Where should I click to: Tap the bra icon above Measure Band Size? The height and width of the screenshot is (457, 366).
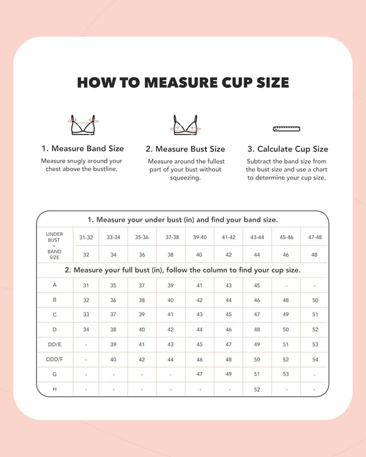pos(82,125)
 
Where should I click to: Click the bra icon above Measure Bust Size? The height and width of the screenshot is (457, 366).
pos(185,125)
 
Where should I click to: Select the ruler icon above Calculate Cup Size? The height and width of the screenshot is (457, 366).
pos(288,129)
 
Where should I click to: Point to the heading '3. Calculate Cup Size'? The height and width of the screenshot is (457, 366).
pos(288,149)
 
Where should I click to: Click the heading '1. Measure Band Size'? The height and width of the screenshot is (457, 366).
pos(82,149)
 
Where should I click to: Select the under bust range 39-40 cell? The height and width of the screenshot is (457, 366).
pos(200,237)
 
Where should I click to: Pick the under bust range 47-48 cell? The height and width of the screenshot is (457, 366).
pos(315,237)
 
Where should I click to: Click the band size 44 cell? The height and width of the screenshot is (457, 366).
pos(257,255)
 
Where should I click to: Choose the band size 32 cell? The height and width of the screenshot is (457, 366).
pos(86,255)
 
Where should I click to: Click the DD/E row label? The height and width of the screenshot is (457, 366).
pos(54,344)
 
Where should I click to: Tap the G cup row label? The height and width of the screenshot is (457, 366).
pos(54,374)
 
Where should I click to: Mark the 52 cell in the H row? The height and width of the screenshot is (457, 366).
pos(257,390)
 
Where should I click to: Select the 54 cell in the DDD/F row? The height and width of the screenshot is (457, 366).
pos(315,359)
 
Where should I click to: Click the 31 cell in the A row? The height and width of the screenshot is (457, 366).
pos(86,285)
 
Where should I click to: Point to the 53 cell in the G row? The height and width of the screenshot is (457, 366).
pos(286,374)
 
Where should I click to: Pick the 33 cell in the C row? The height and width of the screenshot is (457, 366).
pos(86,315)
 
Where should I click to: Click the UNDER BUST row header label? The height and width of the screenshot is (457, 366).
pos(54,237)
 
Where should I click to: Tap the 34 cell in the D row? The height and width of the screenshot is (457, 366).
pos(86,330)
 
